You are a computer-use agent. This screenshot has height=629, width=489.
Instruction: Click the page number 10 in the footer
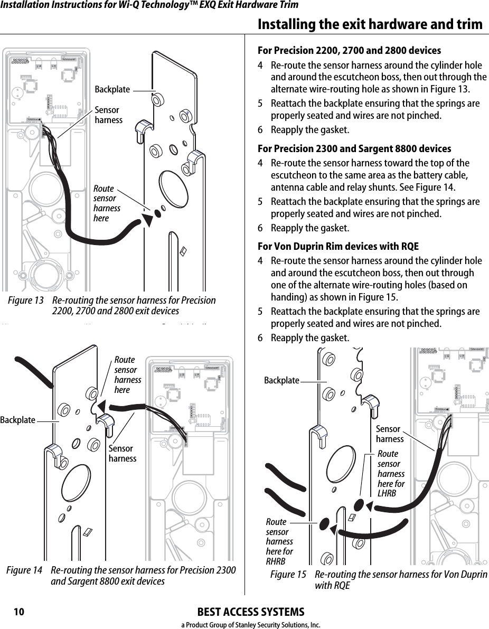pyautogui.click(x=19, y=612)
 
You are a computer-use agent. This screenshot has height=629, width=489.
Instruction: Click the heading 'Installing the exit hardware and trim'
pyautogui.click(x=370, y=24)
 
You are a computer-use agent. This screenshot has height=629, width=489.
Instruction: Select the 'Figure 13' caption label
pyautogui.click(x=26, y=301)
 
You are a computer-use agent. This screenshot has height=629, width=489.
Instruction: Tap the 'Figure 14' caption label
pyautogui.click(x=24, y=571)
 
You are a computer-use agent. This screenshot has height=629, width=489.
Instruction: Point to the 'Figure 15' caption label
pyautogui.click(x=288, y=575)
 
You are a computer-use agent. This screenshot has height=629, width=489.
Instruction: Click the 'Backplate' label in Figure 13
pyautogui.click(x=112, y=90)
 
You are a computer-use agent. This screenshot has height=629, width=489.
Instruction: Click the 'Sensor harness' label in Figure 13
pyautogui.click(x=108, y=115)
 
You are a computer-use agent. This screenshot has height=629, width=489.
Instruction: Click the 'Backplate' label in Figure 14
pyautogui.click(x=18, y=420)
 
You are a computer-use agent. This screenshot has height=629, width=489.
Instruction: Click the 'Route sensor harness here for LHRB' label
pyautogui.click(x=391, y=474)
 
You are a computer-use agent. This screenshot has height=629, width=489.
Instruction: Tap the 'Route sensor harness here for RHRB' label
pyautogui.click(x=279, y=541)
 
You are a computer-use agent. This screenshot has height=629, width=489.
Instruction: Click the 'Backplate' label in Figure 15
pyautogui.click(x=281, y=380)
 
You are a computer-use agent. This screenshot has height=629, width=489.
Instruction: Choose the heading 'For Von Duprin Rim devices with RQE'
pyautogui.click(x=338, y=247)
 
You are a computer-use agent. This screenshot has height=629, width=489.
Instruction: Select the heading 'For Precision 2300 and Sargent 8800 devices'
pyautogui.click(x=354, y=149)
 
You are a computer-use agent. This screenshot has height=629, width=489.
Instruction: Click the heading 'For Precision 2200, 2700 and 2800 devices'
pyautogui.click(x=349, y=51)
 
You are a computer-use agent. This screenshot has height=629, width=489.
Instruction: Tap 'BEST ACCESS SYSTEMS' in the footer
pyautogui.click(x=250, y=612)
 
